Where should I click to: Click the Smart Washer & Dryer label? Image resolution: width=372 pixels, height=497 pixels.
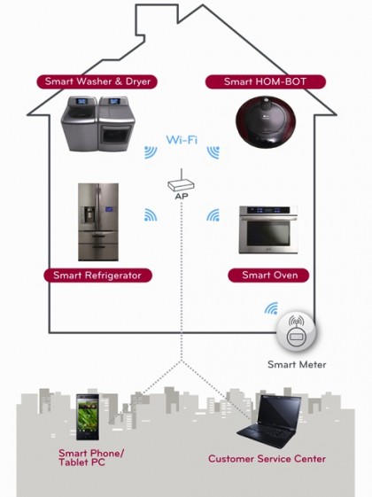point(97,82)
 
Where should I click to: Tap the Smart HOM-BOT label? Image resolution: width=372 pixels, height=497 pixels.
point(265,82)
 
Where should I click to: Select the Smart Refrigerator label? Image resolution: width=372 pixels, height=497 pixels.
point(97,276)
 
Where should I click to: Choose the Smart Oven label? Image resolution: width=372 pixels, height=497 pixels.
point(268,276)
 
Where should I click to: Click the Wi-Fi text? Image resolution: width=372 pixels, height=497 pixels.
point(182,139)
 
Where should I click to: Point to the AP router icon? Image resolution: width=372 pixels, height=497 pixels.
point(181,182)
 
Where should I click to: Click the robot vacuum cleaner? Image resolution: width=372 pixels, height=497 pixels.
point(266,122)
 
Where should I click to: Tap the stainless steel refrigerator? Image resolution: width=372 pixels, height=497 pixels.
point(98,221)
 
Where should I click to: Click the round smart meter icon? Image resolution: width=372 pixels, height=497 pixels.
point(296,332)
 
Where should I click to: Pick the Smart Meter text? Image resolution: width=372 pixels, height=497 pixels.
point(297,364)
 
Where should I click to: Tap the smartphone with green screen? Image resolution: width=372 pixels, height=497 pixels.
point(88,416)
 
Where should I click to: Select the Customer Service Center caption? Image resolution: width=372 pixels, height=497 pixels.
point(267,459)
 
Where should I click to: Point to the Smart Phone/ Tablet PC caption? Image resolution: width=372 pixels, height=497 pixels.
point(91,458)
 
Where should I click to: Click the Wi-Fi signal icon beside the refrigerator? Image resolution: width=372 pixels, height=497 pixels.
point(151,215)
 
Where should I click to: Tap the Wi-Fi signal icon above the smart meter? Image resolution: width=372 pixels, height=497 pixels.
point(271,308)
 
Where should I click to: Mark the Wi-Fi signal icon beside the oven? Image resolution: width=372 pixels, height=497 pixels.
point(213,215)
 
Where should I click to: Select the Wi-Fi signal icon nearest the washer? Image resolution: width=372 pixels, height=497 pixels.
point(151,152)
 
